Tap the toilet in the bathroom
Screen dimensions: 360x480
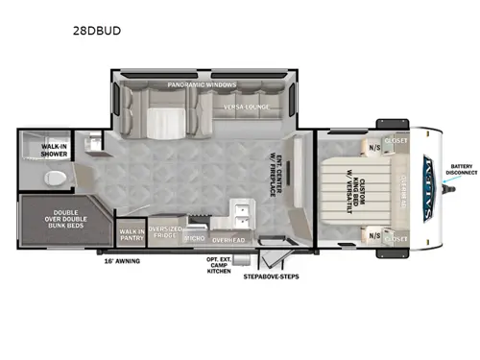pyautogui.click(x=56, y=177)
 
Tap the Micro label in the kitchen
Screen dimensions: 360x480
pyautogui.click(x=195, y=236)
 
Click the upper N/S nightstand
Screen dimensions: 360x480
pyautogui.click(x=372, y=147)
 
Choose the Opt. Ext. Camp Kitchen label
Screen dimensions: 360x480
pyautogui.click(x=220, y=266)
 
